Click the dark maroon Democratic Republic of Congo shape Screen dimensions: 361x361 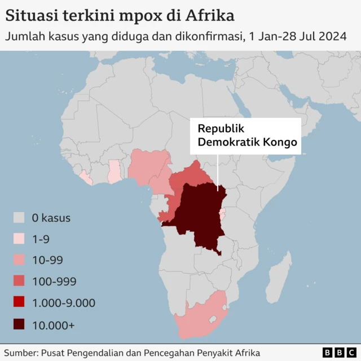point(197,217)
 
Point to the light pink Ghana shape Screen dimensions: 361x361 point(115,171)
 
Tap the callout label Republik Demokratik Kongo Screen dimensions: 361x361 point(246,135)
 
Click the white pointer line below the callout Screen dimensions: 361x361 point(218,169)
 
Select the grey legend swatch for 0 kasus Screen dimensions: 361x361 point(20,218)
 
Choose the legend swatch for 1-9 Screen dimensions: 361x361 point(20,239)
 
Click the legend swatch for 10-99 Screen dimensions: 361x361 point(20,261)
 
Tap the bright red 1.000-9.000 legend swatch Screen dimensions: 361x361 point(20,303)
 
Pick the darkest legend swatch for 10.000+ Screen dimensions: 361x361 point(20,325)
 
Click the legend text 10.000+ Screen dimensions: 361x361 point(54,325)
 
